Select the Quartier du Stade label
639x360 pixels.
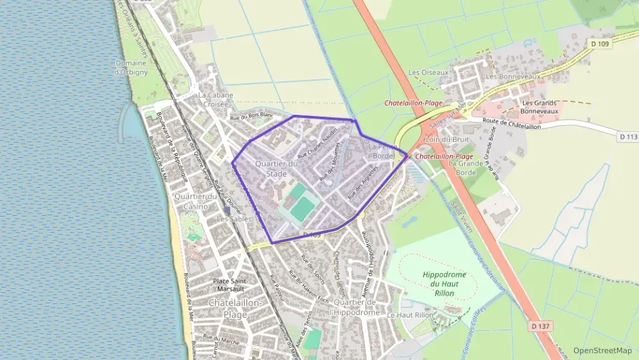276,169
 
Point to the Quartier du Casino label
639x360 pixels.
195,202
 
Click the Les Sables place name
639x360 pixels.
234,219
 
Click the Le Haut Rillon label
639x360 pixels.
410,315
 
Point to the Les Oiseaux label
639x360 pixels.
428,72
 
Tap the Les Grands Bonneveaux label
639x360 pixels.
539,106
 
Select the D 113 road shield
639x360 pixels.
628,137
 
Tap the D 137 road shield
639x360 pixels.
541,326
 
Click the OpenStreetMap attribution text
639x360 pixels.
603,350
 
